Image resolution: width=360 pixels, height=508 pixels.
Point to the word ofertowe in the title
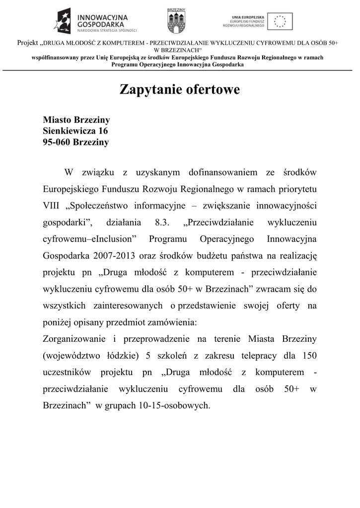coord(213,90)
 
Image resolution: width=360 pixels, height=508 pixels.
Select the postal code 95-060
coord(57,142)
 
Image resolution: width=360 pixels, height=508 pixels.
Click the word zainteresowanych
coord(129,306)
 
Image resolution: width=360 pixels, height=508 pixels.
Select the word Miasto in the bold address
coord(57,120)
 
